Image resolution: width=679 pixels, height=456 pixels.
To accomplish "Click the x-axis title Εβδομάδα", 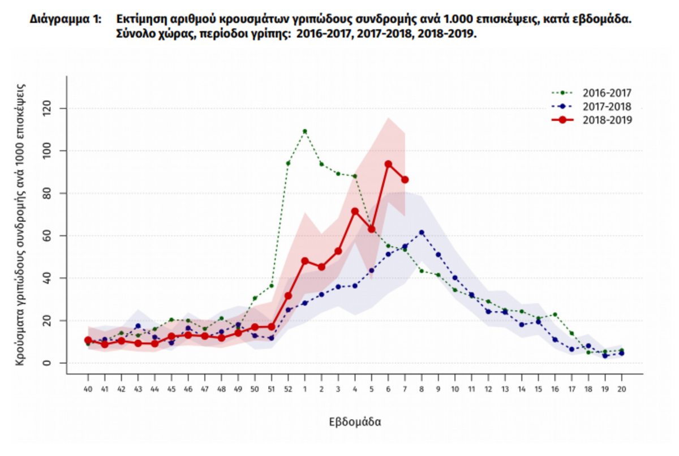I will coord(355,422).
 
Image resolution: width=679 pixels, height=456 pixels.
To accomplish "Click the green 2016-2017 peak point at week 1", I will coord(305,131).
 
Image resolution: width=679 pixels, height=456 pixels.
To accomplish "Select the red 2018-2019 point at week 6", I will coord(388,164).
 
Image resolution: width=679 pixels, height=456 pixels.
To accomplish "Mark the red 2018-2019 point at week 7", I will coord(405,180).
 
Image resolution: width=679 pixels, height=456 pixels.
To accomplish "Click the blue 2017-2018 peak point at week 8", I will coord(422,233).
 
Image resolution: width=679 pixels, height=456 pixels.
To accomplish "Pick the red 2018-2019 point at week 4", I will coord(355,212).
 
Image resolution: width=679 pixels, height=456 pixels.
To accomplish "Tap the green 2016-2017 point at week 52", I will coord(288,164).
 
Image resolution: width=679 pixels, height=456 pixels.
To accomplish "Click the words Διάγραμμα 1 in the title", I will coord(66,19).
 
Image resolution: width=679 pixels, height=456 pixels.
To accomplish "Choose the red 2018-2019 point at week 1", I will coord(305,261).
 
